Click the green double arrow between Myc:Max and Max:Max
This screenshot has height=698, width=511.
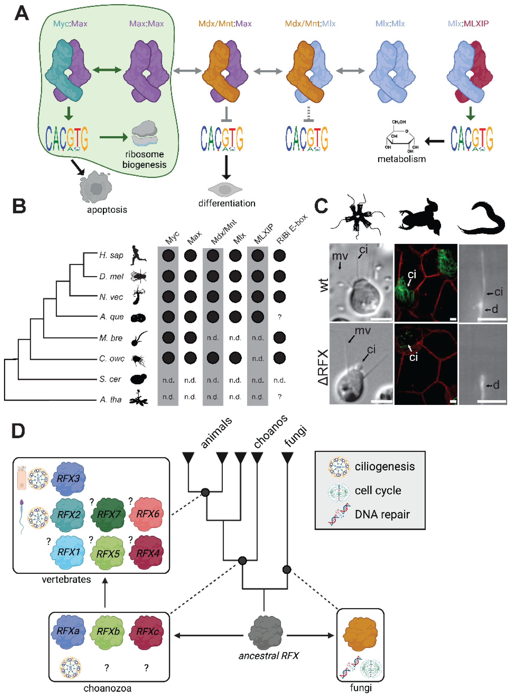(x=107, y=70)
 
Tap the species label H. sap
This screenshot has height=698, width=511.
(x=111, y=255)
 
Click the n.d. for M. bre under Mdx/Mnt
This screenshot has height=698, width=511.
(x=213, y=338)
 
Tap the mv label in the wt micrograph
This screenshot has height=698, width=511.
(x=340, y=256)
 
